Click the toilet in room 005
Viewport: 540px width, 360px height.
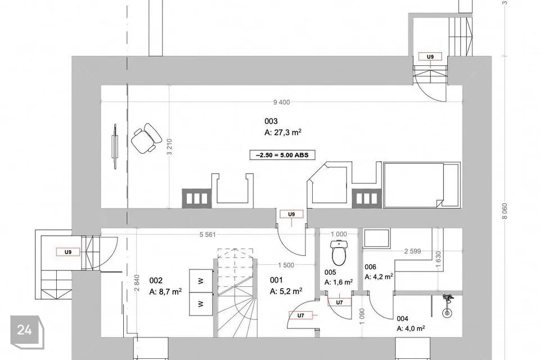339,253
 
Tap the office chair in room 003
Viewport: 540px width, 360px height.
146,138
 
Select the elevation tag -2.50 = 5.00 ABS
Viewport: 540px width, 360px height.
282,155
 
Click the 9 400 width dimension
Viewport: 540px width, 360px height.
281,102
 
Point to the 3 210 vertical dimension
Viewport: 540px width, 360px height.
169,147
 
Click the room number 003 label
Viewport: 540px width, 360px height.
271,121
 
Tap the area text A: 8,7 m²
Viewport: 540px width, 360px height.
165,291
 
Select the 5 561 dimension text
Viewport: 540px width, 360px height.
208,235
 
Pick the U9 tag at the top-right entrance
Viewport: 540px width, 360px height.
430,57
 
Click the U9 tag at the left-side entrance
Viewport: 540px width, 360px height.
68,252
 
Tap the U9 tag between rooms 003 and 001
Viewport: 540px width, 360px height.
291,214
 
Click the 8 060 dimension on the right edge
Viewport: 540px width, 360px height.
505,211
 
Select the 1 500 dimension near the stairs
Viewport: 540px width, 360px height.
286,265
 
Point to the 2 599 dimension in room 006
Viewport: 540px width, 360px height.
412,251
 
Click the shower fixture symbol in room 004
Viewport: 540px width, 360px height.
447,305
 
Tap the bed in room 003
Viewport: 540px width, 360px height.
422,185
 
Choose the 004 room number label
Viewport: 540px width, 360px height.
402,319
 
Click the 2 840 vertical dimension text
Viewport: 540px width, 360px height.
137,282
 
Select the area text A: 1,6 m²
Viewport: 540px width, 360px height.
339,282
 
